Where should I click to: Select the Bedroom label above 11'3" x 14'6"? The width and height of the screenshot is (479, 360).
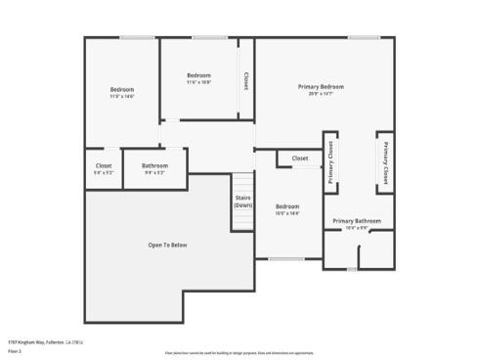(x=121, y=90)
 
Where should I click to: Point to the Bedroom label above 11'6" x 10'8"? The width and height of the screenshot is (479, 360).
(x=198, y=75)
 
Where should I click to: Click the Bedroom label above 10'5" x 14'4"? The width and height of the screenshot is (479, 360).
(x=287, y=206)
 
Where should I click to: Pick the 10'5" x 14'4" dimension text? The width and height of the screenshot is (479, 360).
(x=287, y=213)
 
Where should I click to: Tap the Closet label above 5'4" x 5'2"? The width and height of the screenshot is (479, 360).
(x=103, y=165)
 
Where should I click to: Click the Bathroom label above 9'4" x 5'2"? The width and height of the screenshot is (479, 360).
(x=154, y=165)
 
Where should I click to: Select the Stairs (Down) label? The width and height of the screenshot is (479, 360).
(x=243, y=202)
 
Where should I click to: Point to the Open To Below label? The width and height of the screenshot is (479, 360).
(x=167, y=245)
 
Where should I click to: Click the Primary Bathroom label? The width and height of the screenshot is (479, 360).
(x=356, y=221)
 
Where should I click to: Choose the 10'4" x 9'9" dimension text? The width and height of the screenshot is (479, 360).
(x=356, y=228)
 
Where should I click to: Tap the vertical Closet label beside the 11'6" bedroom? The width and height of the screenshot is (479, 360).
(x=245, y=81)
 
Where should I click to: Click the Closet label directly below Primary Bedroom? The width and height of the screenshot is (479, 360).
(x=300, y=157)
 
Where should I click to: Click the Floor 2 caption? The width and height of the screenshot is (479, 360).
(x=15, y=350)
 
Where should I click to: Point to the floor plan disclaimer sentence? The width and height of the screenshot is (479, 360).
(x=239, y=351)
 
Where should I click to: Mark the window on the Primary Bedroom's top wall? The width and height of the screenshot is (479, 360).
(x=364, y=38)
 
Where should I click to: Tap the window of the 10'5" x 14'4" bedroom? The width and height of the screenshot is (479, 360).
(x=287, y=258)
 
